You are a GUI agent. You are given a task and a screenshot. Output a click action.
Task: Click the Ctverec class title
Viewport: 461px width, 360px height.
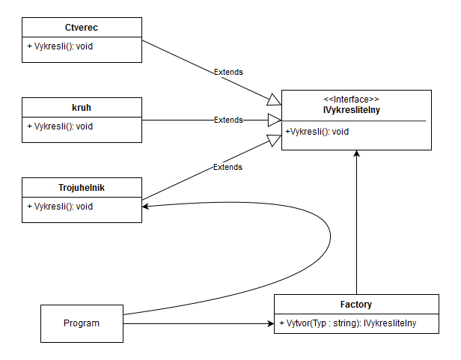coord(82,28)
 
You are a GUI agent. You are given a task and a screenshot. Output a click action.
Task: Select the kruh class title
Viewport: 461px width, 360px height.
coord(82,109)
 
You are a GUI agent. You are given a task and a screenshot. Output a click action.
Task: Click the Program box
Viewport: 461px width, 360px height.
coord(82,323)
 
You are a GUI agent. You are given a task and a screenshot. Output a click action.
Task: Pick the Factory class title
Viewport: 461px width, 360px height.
coord(356,305)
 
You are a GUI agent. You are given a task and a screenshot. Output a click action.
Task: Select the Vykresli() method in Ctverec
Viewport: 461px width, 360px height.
coord(60,46)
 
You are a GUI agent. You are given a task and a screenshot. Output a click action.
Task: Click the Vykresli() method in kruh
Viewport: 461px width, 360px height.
coord(60,126)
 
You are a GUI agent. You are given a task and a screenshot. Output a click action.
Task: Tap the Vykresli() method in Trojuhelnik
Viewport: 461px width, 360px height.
coord(60,207)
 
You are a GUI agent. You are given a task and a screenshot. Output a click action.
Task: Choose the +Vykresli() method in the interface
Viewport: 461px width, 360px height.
coord(317,132)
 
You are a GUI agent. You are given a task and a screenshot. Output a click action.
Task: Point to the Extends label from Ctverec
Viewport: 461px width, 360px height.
coord(228,72)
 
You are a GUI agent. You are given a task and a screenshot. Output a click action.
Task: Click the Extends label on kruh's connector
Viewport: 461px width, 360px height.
coord(228,120)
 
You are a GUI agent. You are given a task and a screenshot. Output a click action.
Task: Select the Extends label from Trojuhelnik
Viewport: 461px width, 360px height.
coord(228,167)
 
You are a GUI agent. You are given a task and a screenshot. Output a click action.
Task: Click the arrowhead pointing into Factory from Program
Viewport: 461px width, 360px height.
coord(270,324)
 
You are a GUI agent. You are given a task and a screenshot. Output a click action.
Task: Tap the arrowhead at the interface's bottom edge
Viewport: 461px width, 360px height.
coord(357,153)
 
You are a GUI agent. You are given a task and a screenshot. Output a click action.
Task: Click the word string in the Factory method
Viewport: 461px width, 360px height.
coord(344,323)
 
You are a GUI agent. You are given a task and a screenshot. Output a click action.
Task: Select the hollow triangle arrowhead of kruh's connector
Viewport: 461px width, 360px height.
coord(274,120)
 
